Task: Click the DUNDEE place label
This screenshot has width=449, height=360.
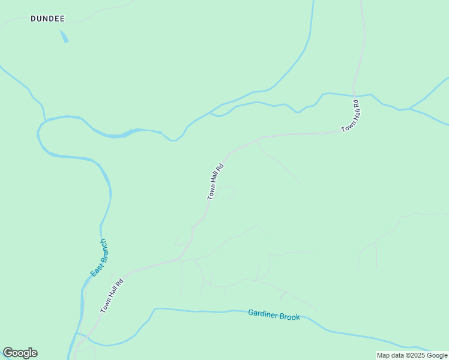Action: point(47,19)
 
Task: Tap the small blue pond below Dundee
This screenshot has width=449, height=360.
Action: point(64,37)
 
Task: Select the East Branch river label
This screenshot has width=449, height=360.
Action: point(99,257)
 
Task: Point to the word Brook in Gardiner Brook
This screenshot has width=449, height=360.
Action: point(289,316)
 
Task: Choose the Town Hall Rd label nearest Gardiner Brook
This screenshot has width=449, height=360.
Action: point(112,295)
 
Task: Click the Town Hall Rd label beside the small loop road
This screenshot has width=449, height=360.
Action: point(215,181)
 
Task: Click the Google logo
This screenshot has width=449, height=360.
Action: point(20,353)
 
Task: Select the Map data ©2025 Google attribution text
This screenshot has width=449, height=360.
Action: point(412,355)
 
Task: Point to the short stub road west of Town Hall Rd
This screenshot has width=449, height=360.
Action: point(179,244)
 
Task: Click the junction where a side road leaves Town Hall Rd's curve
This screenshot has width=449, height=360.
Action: point(258,139)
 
